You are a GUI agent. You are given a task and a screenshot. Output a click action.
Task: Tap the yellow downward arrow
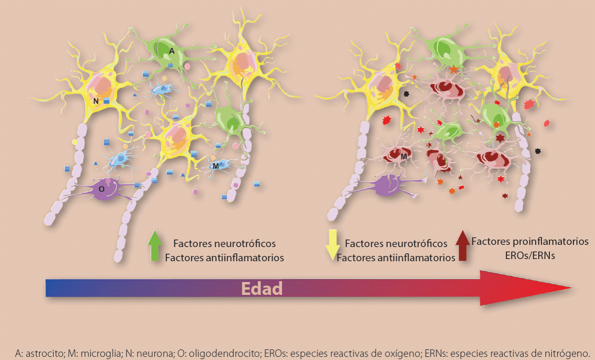tap(331, 245)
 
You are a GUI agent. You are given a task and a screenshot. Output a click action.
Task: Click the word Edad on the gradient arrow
tap(262, 289)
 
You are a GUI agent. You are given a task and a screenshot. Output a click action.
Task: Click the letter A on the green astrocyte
tap(171, 51)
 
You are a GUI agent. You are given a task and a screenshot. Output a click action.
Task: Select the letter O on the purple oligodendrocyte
tap(101, 189)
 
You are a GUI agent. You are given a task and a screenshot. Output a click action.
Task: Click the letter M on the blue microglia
tap(215, 166)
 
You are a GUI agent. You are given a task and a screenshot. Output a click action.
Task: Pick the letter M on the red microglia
tap(404, 157)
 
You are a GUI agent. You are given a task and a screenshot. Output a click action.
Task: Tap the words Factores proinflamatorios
tap(530, 242)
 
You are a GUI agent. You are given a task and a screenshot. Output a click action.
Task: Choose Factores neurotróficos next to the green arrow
tap(225, 244)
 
